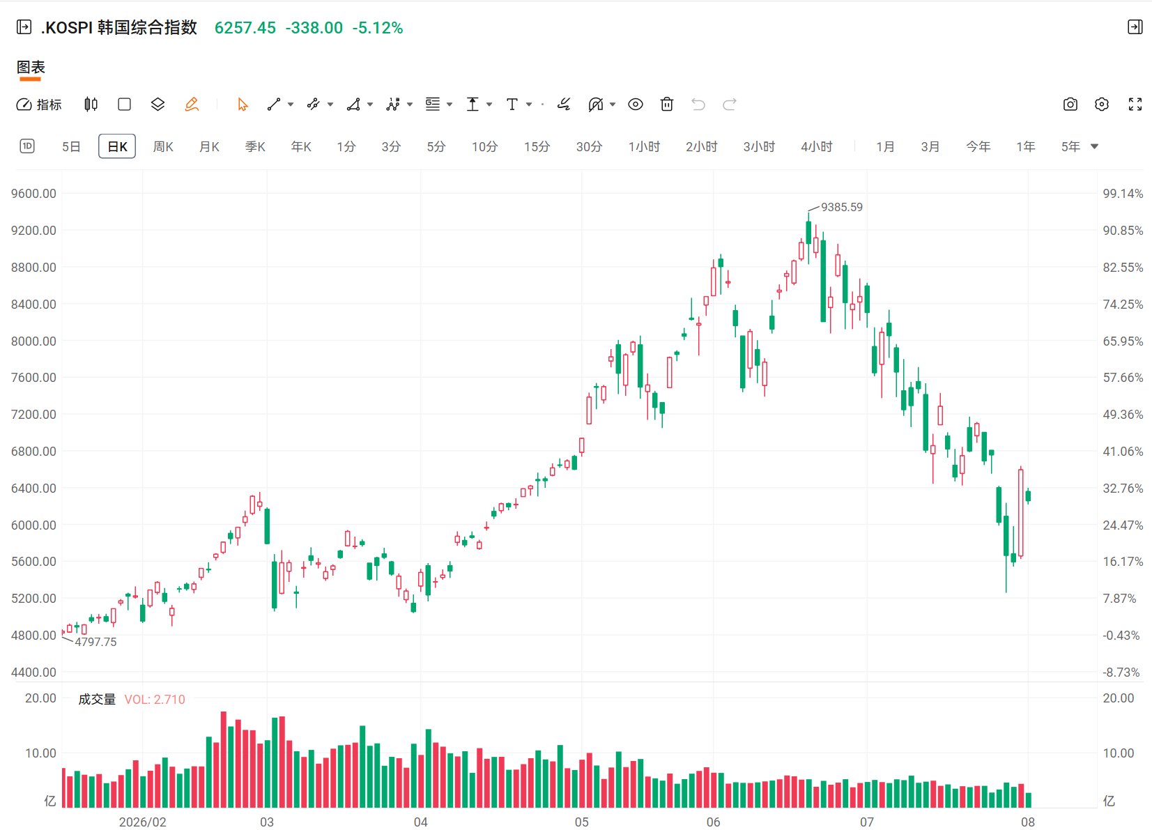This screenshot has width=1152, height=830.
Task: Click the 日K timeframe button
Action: click(x=117, y=146)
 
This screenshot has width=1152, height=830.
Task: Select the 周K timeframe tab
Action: click(x=163, y=146)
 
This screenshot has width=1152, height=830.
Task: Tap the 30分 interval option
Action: click(x=589, y=146)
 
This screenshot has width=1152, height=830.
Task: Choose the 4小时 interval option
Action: click(x=816, y=146)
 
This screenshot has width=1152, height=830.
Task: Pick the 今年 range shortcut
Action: click(x=978, y=146)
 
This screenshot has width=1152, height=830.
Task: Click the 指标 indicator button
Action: click(x=39, y=105)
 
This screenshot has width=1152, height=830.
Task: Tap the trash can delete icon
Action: click(x=666, y=105)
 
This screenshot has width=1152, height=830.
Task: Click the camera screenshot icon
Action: click(x=1070, y=105)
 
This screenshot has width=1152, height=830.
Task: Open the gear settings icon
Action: click(x=1102, y=105)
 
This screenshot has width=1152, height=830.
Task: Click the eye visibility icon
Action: click(x=635, y=105)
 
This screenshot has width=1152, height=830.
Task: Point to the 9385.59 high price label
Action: click(x=841, y=207)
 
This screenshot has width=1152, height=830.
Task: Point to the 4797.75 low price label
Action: click(x=95, y=642)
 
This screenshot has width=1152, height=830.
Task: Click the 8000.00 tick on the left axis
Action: click(x=33, y=341)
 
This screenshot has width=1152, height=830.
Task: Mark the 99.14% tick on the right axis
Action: click(x=1123, y=193)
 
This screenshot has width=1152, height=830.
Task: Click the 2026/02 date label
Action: click(x=142, y=822)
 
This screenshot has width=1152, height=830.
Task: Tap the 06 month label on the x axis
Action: click(x=713, y=822)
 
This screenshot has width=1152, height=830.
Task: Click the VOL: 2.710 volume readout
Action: click(x=154, y=699)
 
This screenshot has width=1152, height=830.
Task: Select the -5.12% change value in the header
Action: click(x=378, y=28)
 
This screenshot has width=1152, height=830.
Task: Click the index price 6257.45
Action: click(x=245, y=28)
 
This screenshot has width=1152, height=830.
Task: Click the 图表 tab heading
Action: click(x=31, y=67)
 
